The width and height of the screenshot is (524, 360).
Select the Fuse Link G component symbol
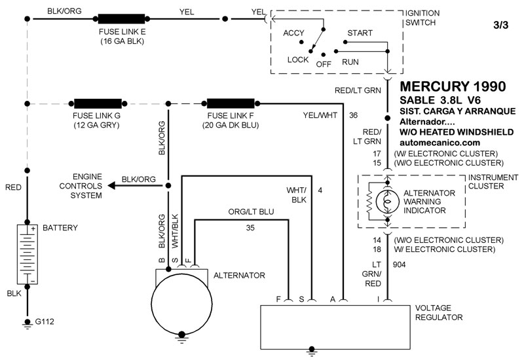tap(96, 103)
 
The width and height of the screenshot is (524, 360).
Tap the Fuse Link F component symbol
tap(231, 103)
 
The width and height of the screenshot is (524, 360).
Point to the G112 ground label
tap(44, 321)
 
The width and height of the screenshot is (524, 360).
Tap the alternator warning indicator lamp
tap(387, 202)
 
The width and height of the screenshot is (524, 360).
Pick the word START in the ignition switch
tap(360, 33)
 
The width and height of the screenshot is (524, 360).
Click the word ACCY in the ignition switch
tap(293, 33)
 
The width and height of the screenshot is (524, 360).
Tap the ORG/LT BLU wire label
tap(250, 213)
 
